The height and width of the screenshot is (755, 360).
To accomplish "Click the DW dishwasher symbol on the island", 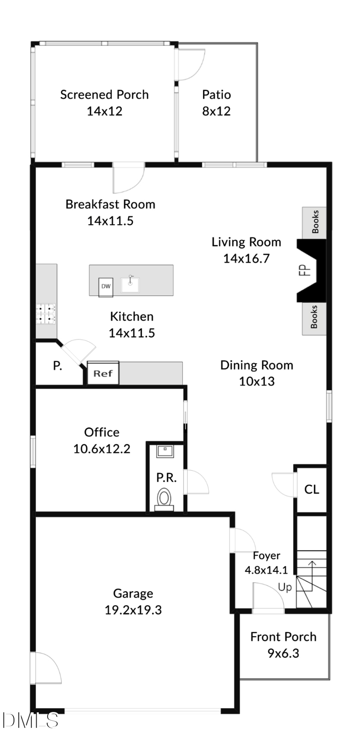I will (106, 286).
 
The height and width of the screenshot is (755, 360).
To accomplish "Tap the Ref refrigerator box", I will (103, 373).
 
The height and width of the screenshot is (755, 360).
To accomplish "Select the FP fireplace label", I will (306, 270).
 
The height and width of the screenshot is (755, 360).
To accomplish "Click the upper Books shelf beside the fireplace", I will (315, 222).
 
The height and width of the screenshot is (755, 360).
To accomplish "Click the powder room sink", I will (165, 451).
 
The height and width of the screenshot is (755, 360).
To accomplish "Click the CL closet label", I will (312, 489).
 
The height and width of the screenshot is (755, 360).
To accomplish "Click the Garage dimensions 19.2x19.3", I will (133, 610).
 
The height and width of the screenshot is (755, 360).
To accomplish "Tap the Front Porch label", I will (283, 637).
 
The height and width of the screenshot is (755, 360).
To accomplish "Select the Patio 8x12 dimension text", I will (216, 111).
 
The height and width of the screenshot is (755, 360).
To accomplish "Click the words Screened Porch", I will (104, 95).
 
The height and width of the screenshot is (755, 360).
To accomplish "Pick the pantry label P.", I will (58, 366).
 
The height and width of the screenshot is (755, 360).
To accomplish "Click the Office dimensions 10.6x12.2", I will (102, 449).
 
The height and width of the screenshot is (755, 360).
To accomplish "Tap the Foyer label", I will (266, 556).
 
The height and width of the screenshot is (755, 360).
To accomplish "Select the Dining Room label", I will (256, 365).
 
